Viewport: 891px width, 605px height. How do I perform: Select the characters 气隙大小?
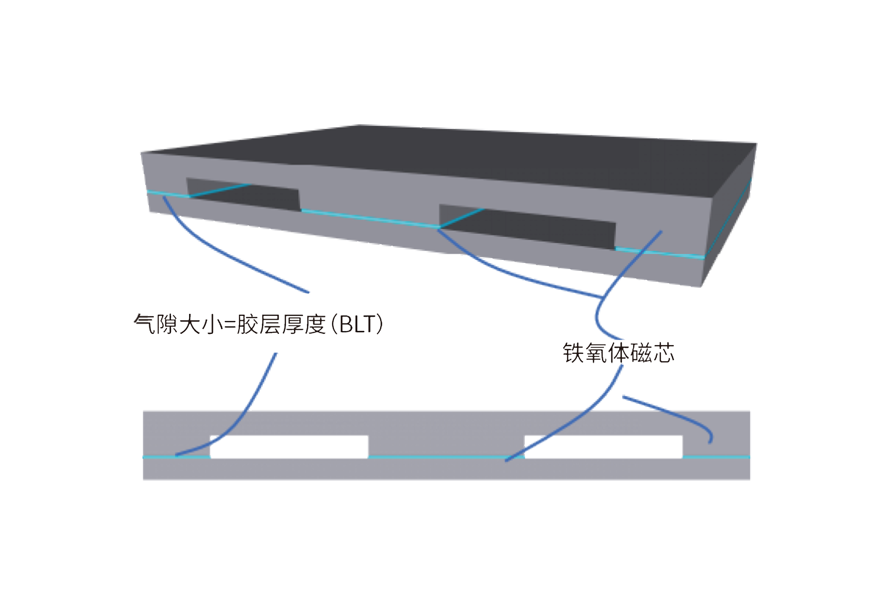(x=178, y=324)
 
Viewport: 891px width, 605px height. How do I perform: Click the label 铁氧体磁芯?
(x=619, y=353)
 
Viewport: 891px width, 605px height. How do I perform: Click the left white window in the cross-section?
(x=289, y=447)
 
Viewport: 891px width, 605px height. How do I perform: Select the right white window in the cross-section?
(x=604, y=447)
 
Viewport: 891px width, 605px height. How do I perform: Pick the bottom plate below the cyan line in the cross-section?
(x=446, y=469)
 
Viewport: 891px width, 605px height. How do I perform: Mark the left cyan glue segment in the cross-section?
(x=176, y=457)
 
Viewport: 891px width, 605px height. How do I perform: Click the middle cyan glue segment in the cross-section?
(x=446, y=457)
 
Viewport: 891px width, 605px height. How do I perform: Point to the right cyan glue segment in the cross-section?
(x=716, y=457)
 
